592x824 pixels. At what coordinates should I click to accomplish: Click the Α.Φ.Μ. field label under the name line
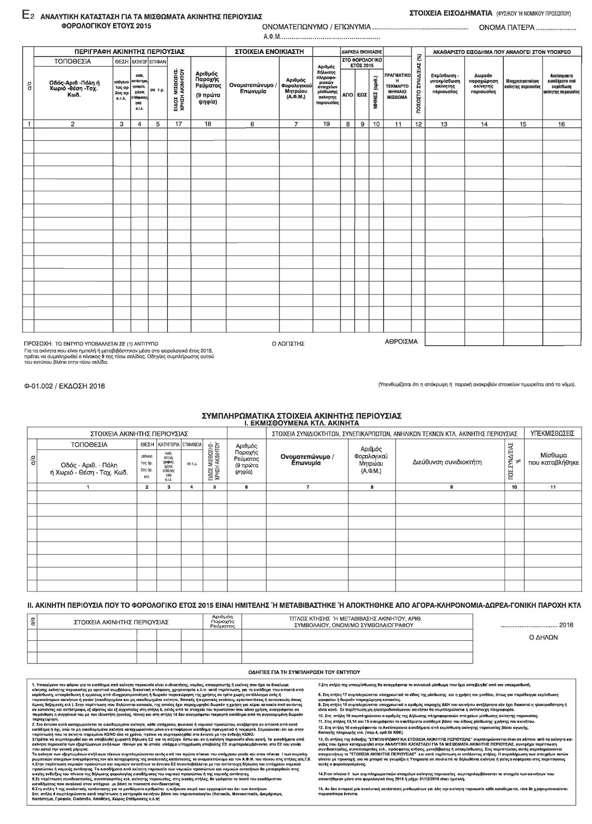coord(272,37)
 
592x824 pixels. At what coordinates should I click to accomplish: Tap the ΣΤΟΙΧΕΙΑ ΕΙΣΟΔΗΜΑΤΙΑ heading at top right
coord(450,12)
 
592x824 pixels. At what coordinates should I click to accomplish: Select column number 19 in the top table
coord(326,124)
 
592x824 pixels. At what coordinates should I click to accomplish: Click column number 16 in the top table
coord(561,124)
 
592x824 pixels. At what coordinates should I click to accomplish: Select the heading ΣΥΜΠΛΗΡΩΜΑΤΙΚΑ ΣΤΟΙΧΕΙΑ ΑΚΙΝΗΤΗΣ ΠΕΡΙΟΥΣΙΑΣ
coord(301,415)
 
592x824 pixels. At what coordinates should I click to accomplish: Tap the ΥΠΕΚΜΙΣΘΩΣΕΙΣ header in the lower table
coord(552,433)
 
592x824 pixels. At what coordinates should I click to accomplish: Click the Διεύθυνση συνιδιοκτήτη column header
coord(447,462)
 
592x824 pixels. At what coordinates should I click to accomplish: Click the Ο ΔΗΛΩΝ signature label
coord(543,637)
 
